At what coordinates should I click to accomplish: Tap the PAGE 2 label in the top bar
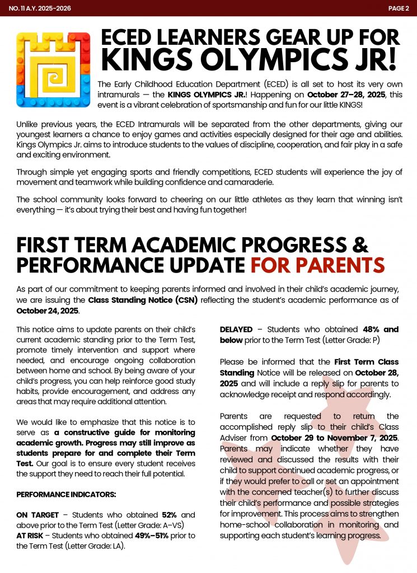pyautogui.click(x=399, y=8)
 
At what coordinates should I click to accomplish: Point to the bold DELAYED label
pyautogui.click(x=236, y=330)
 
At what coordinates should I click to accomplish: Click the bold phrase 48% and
pyautogui.click(x=381, y=330)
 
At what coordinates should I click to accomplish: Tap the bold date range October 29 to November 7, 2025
pyautogui.click(x=334, y=437)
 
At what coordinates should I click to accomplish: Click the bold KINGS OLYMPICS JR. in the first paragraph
pyautogui.click(x=199, y=94)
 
